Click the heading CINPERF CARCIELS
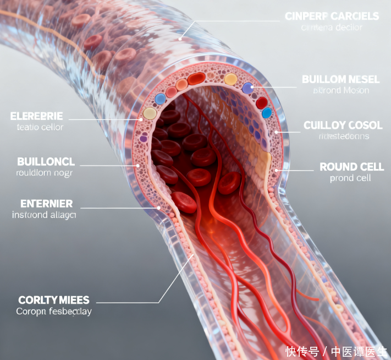[332, 16]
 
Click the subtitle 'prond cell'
[350, 178]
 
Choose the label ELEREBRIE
[36, 116]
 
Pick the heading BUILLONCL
[46, 162]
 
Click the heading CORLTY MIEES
[53, 300]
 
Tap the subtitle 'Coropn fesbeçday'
[54, 312]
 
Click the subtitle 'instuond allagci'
[44, 215]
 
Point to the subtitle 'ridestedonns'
[337, 137]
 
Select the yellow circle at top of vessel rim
[230, 79]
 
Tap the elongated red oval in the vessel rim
[196, 79]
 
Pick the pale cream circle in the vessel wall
[150, 113]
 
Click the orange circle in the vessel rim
[181, 84]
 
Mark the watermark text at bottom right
[336, 351]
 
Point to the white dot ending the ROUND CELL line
[276, 170]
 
